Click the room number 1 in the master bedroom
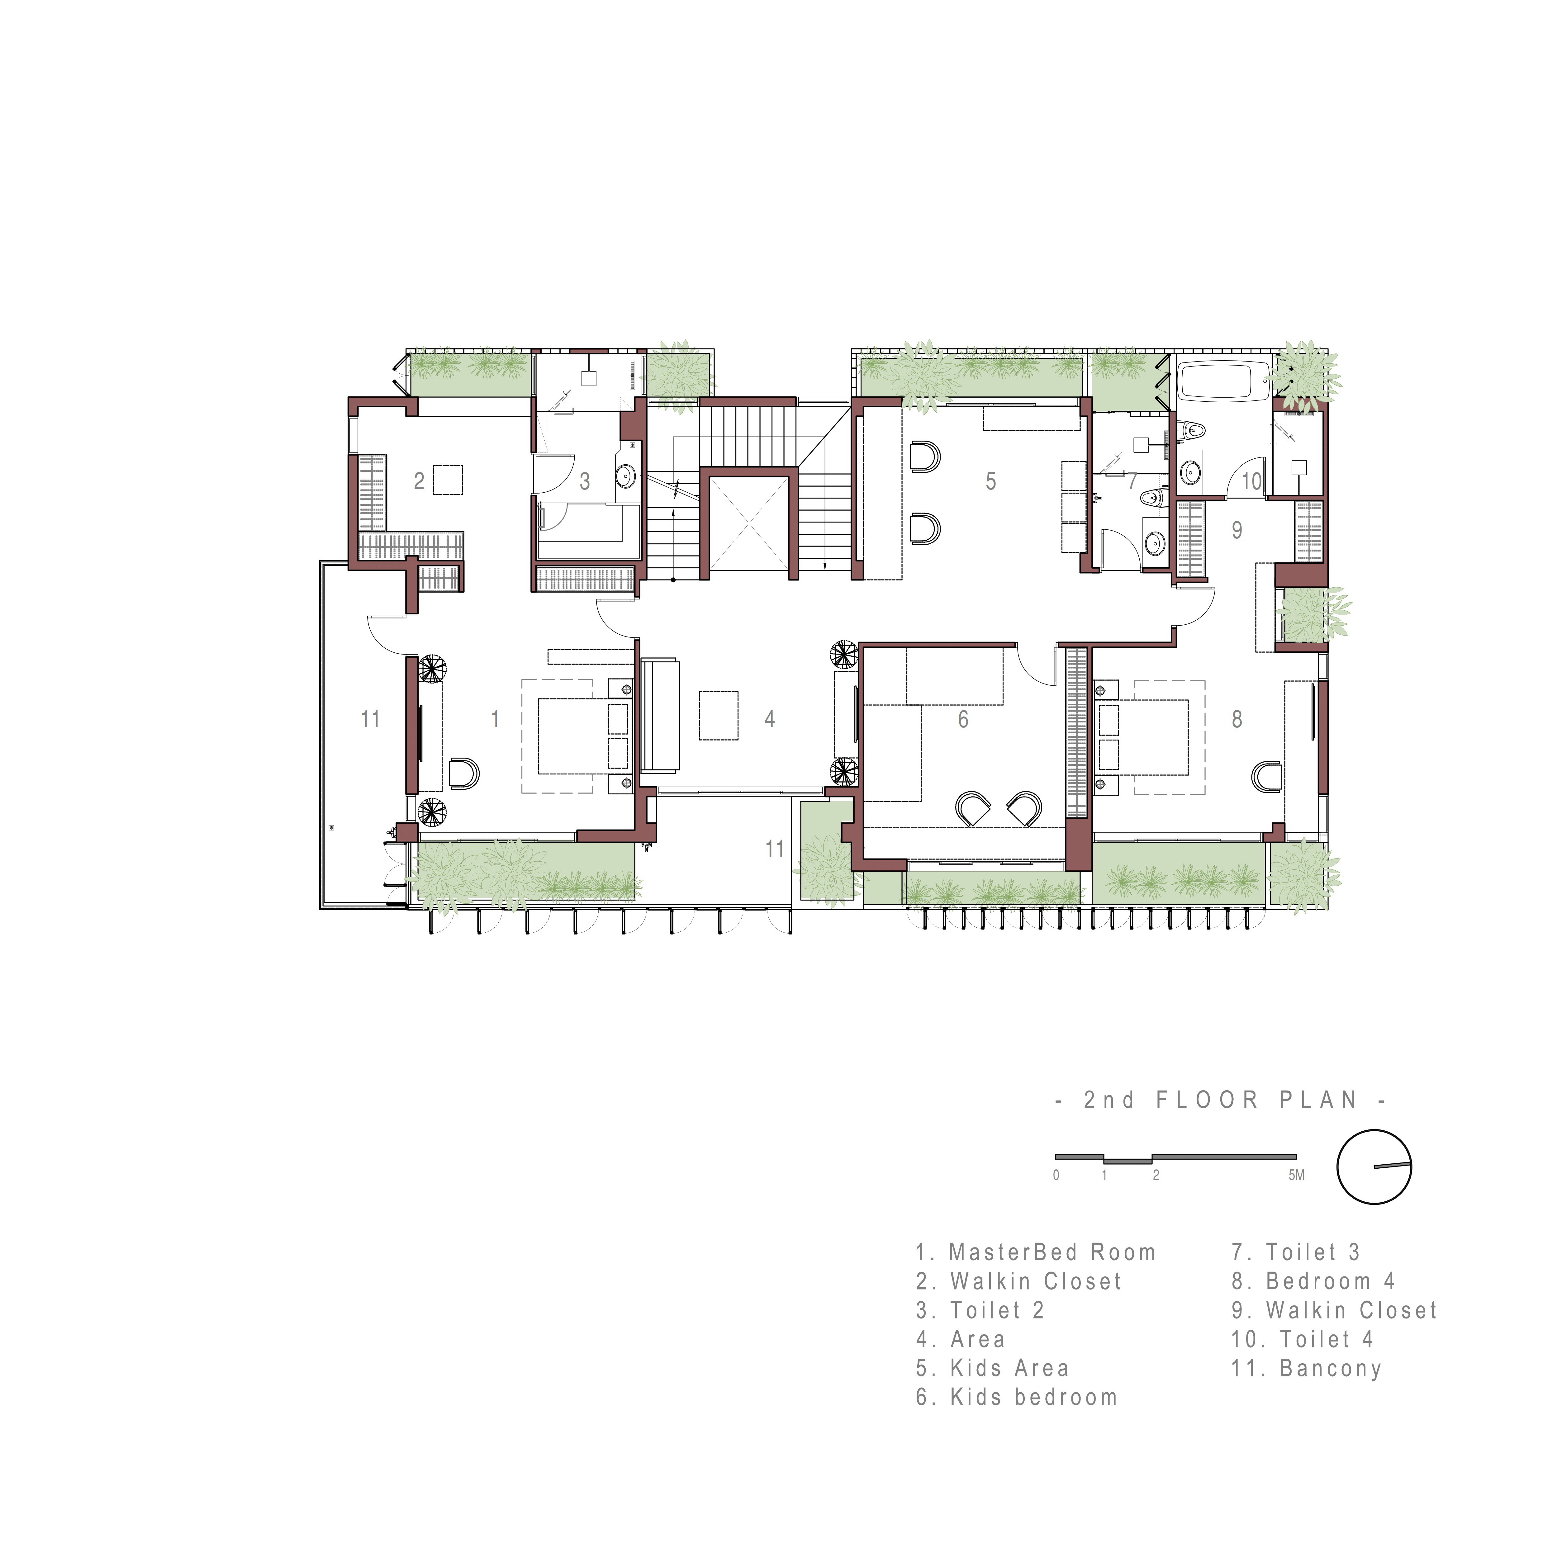[495, 719]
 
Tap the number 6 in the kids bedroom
[963, 719]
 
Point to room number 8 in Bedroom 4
[1237, 719]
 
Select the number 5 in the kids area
[990, 481]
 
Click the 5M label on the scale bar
[1296, 1176]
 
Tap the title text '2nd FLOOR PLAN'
[1221, 1100]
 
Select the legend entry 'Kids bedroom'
[1017, 1398]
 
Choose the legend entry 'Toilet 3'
[1296, 1252]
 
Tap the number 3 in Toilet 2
[585, 481]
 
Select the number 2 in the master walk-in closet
[419, 481]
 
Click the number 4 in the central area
[770, 719]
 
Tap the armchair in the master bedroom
[463, 774]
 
